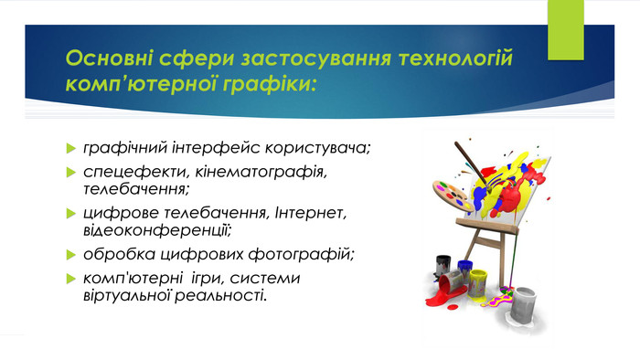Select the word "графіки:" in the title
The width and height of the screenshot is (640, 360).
point(272,84)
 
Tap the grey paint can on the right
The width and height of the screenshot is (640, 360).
point(525,304)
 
